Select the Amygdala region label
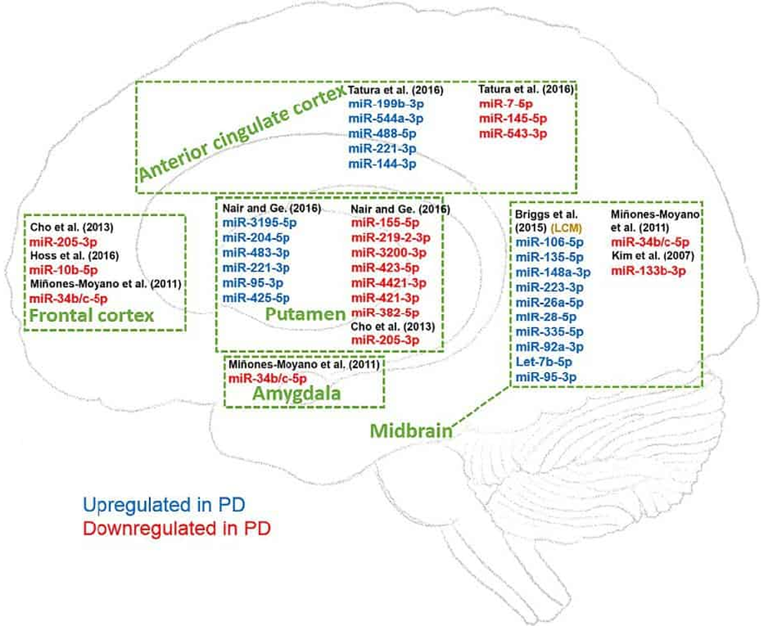coord(296,394)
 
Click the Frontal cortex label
coord(91,316)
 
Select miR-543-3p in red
coord(513,133)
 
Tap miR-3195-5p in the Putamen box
coord(260,223)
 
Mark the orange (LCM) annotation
coord(569,228)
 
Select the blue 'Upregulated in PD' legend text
coord(164,505)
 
